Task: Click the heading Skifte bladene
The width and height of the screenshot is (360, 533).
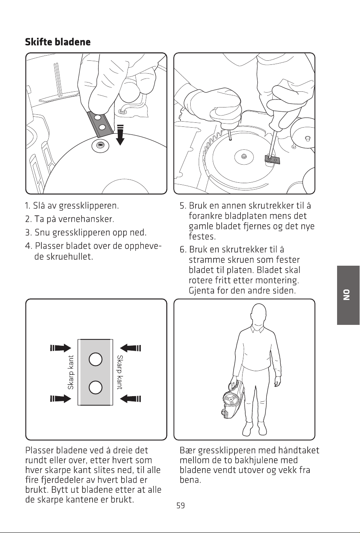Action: (x=58, y=42)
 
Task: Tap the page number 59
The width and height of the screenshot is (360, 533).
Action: (x=181, y=505)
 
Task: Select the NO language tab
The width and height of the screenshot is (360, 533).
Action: (x=348, y=295)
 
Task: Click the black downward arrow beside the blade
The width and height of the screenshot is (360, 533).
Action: (x=121, y=135)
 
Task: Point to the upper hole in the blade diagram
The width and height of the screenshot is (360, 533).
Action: (x=96, y=359)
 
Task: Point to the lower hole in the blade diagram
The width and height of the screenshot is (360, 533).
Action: (x=96, y=387)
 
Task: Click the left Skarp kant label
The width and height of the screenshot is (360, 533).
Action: (x=71, y=372)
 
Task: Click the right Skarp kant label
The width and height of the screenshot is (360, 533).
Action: (x=120, y=372)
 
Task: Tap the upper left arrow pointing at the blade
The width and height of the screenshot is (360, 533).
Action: (x=61, y=348)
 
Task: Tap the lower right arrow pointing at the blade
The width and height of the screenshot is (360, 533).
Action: (x=130, y=399)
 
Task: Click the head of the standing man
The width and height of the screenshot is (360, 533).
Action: (x=259, y=315)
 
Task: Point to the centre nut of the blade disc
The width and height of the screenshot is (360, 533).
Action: (x=243, y=156)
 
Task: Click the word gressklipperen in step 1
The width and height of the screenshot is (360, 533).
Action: (x=88, y=206)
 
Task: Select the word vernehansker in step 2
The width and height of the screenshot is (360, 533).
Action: (x=86, y=219)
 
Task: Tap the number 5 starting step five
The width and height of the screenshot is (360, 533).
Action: (x=182, y=206)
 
